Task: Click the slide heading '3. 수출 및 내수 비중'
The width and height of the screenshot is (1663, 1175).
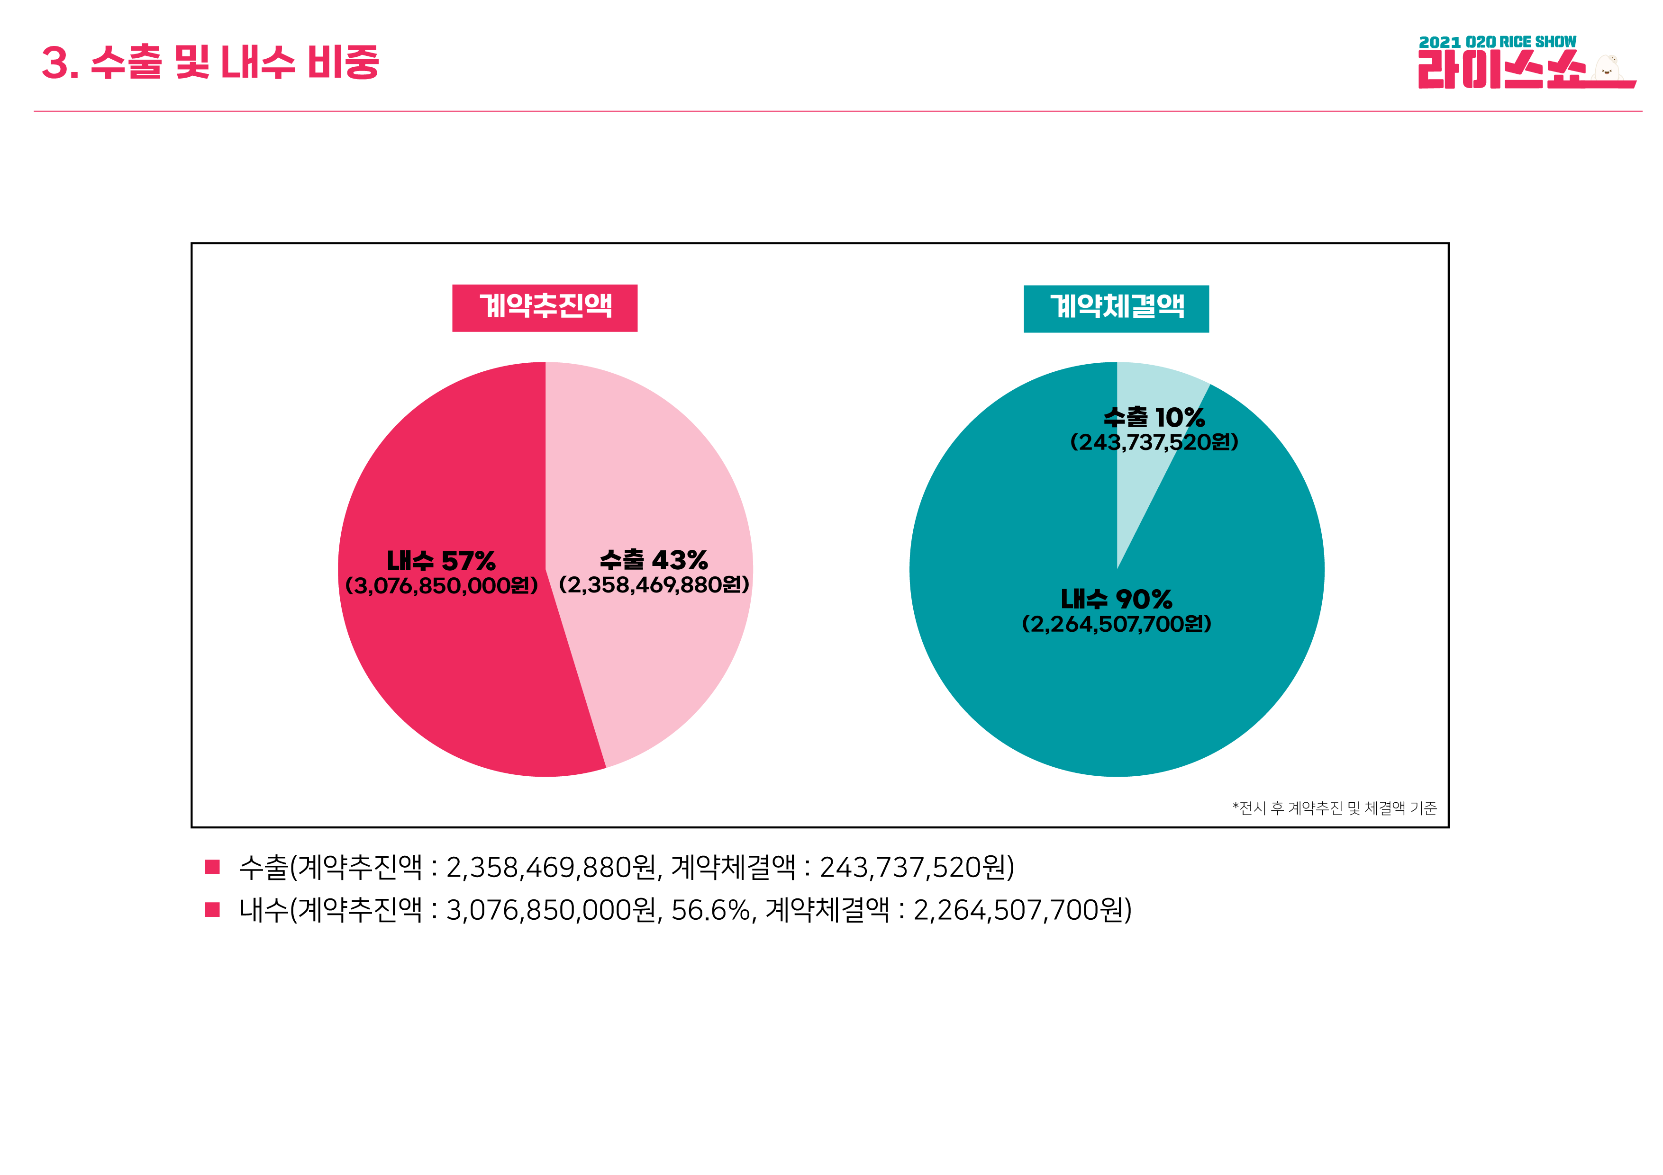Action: point(210,62)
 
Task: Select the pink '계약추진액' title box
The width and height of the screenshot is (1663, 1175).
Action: point(545,308)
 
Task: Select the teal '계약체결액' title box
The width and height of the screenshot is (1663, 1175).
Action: point(1116,308)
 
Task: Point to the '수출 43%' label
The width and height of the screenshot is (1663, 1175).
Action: point(654,560)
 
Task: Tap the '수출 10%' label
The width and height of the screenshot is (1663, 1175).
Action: point(1154,417)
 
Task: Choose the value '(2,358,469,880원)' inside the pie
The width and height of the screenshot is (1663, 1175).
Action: point(654,585)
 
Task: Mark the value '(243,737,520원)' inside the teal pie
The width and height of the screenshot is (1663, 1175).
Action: point(1154,442)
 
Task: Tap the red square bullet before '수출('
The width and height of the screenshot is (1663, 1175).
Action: point(212,867)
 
